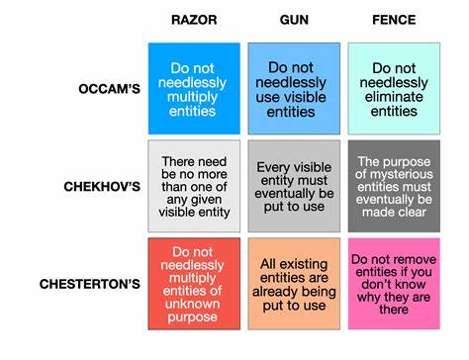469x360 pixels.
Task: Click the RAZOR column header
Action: click(x=193, y=20)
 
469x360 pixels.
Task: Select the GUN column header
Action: click(x=293, y=20)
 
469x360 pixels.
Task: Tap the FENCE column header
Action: click(x=394, y=20)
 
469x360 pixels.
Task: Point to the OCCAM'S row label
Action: click(x=111, y=89)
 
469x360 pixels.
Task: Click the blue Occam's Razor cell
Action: click(x=193, y=88)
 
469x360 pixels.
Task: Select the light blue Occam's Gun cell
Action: click(x=293, y=88)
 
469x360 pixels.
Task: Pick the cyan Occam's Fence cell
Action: click(x=394, y=88)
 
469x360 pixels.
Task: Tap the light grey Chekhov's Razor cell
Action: click(x=193, y=186)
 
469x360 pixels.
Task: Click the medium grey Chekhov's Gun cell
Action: click(x=293, y=186)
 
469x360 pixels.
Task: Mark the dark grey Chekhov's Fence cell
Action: click(x=394, y=186)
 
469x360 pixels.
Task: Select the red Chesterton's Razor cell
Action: click(x=193, y=283)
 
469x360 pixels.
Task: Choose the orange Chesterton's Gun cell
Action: click(x=293, y=283)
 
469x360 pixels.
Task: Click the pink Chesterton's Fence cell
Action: click(x=394, y=283)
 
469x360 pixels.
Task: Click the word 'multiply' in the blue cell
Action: click(x=193, y=99)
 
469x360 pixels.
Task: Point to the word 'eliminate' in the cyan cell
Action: click(x=394, y=97)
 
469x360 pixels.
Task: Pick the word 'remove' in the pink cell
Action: click(x=416, y=259)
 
